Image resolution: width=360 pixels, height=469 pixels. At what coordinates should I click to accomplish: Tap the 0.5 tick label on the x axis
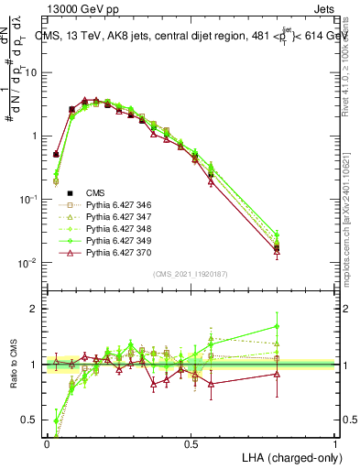(x=191, y=443)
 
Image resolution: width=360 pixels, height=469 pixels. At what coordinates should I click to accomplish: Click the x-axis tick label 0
(x=47, y=443)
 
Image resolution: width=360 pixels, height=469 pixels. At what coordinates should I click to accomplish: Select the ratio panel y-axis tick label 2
(x=35, y=309)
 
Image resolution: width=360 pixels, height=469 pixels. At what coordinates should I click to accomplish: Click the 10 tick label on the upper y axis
(x=31, y=72)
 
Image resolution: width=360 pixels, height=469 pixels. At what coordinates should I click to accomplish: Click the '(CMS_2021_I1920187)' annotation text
(x=191, y=273)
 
